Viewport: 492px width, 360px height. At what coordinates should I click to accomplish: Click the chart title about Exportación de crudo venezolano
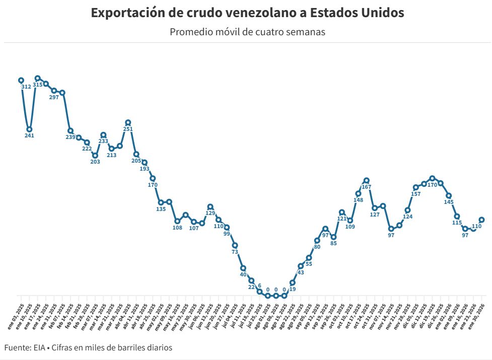[247, 13]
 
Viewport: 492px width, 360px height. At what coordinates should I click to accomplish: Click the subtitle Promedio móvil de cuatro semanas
[247, 32]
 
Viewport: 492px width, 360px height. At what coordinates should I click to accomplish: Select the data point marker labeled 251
[128, 122]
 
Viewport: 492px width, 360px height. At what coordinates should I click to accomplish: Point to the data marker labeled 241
[29, 129]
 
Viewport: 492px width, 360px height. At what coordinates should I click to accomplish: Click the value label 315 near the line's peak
[38, 85]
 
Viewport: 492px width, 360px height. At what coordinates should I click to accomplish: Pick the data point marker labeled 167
[367, 180]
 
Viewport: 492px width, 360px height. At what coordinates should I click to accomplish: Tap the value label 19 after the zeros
[293, 290]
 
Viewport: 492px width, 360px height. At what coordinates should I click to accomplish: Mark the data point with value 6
[259, 292]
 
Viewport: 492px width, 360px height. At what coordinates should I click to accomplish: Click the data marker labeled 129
[210, 207]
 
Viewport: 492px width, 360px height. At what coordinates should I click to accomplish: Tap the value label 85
[333, 244]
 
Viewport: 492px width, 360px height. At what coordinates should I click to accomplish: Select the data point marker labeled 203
[95, 156]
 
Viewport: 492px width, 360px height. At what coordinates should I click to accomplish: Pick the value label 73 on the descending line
[235, 252]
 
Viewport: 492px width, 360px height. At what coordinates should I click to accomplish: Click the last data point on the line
[482, 220]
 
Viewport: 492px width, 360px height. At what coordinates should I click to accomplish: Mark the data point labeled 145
[449, 195]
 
